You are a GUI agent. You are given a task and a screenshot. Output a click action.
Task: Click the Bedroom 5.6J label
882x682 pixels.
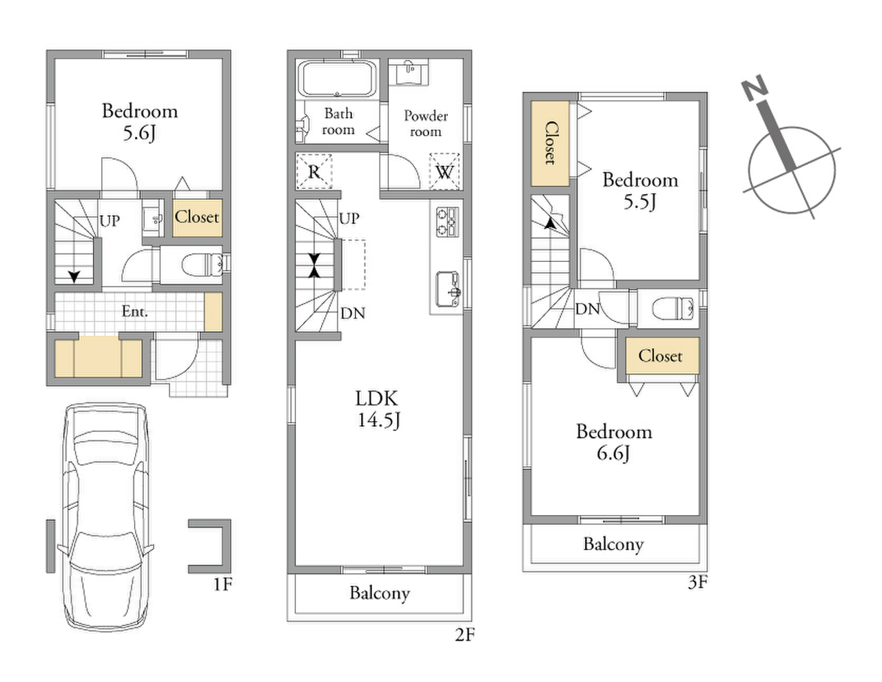point(140,122)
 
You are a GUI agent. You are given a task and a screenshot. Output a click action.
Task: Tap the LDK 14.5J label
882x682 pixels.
point(378,409)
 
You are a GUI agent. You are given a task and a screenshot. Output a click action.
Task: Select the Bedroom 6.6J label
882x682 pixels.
point(614,442)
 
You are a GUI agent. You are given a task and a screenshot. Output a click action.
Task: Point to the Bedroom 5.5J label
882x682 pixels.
point(640,191)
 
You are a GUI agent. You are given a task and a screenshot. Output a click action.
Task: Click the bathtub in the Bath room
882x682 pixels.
point(337,79)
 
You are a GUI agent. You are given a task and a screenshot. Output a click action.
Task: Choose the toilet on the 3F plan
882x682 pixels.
point(673,309)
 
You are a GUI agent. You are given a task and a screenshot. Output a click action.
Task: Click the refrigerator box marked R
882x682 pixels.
point(314,172)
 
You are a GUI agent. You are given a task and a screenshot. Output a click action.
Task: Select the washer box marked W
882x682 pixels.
point(444,172)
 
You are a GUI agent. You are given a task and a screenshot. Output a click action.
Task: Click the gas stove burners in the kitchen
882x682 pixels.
point(447,222)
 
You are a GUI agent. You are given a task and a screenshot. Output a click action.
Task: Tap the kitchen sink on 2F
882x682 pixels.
point(448,289)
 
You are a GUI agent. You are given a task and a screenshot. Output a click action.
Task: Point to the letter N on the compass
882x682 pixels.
point(754,87)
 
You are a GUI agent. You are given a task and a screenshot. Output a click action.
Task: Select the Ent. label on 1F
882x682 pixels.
point(135,311)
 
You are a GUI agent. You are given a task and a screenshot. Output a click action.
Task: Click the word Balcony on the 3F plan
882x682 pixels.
point(613,545)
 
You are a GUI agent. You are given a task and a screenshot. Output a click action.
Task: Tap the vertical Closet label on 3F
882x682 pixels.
point(550,143)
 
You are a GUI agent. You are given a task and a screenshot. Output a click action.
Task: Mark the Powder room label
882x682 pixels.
point(426,124)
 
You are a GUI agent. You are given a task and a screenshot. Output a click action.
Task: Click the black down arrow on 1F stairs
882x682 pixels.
point(74,277)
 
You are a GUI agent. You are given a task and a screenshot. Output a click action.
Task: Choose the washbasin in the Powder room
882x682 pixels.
point(409,72)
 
